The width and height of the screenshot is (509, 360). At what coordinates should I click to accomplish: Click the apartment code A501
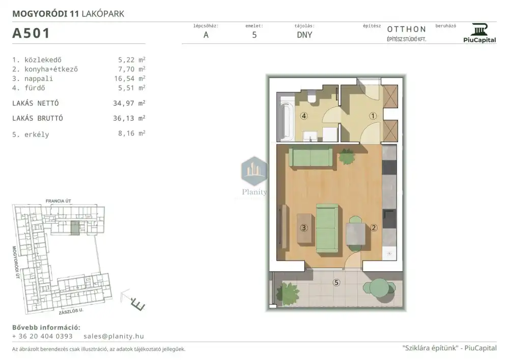tap(31, 33)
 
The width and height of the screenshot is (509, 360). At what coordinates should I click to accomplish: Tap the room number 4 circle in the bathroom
tap(304, 116)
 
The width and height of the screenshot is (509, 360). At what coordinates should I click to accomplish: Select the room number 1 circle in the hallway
tap(373, 116)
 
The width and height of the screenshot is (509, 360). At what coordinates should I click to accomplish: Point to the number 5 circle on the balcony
tap(336, 283)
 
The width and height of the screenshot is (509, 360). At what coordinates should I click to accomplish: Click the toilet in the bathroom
tap(313, 99)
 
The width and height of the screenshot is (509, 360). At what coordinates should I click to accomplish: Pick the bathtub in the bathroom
tap(286, 119)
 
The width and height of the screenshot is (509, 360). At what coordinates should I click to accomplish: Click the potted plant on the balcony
tap(287, 293)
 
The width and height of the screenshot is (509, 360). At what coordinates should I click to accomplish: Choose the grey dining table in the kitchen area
tap(355, 234)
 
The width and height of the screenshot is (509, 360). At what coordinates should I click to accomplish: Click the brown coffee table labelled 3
tap(304, 228)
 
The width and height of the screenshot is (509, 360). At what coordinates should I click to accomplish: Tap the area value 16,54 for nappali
tap(124, 78)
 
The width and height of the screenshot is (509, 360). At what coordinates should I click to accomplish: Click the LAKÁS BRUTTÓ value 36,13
tap(123, 119)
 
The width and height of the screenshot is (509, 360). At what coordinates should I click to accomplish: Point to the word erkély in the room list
tap(37, 134)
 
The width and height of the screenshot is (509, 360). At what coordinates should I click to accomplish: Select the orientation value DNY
tap(304, 35)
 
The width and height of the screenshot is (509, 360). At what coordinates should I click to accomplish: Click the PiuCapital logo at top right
tap(479, 33)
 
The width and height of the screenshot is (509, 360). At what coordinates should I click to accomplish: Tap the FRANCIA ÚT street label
tap(59, 201)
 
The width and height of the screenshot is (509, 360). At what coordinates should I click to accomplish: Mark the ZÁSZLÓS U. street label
tap(71, 311)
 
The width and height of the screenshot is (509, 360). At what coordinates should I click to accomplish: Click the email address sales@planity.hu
tap(114, 336)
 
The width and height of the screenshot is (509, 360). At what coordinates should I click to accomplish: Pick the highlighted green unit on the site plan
tap(75, 228)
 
